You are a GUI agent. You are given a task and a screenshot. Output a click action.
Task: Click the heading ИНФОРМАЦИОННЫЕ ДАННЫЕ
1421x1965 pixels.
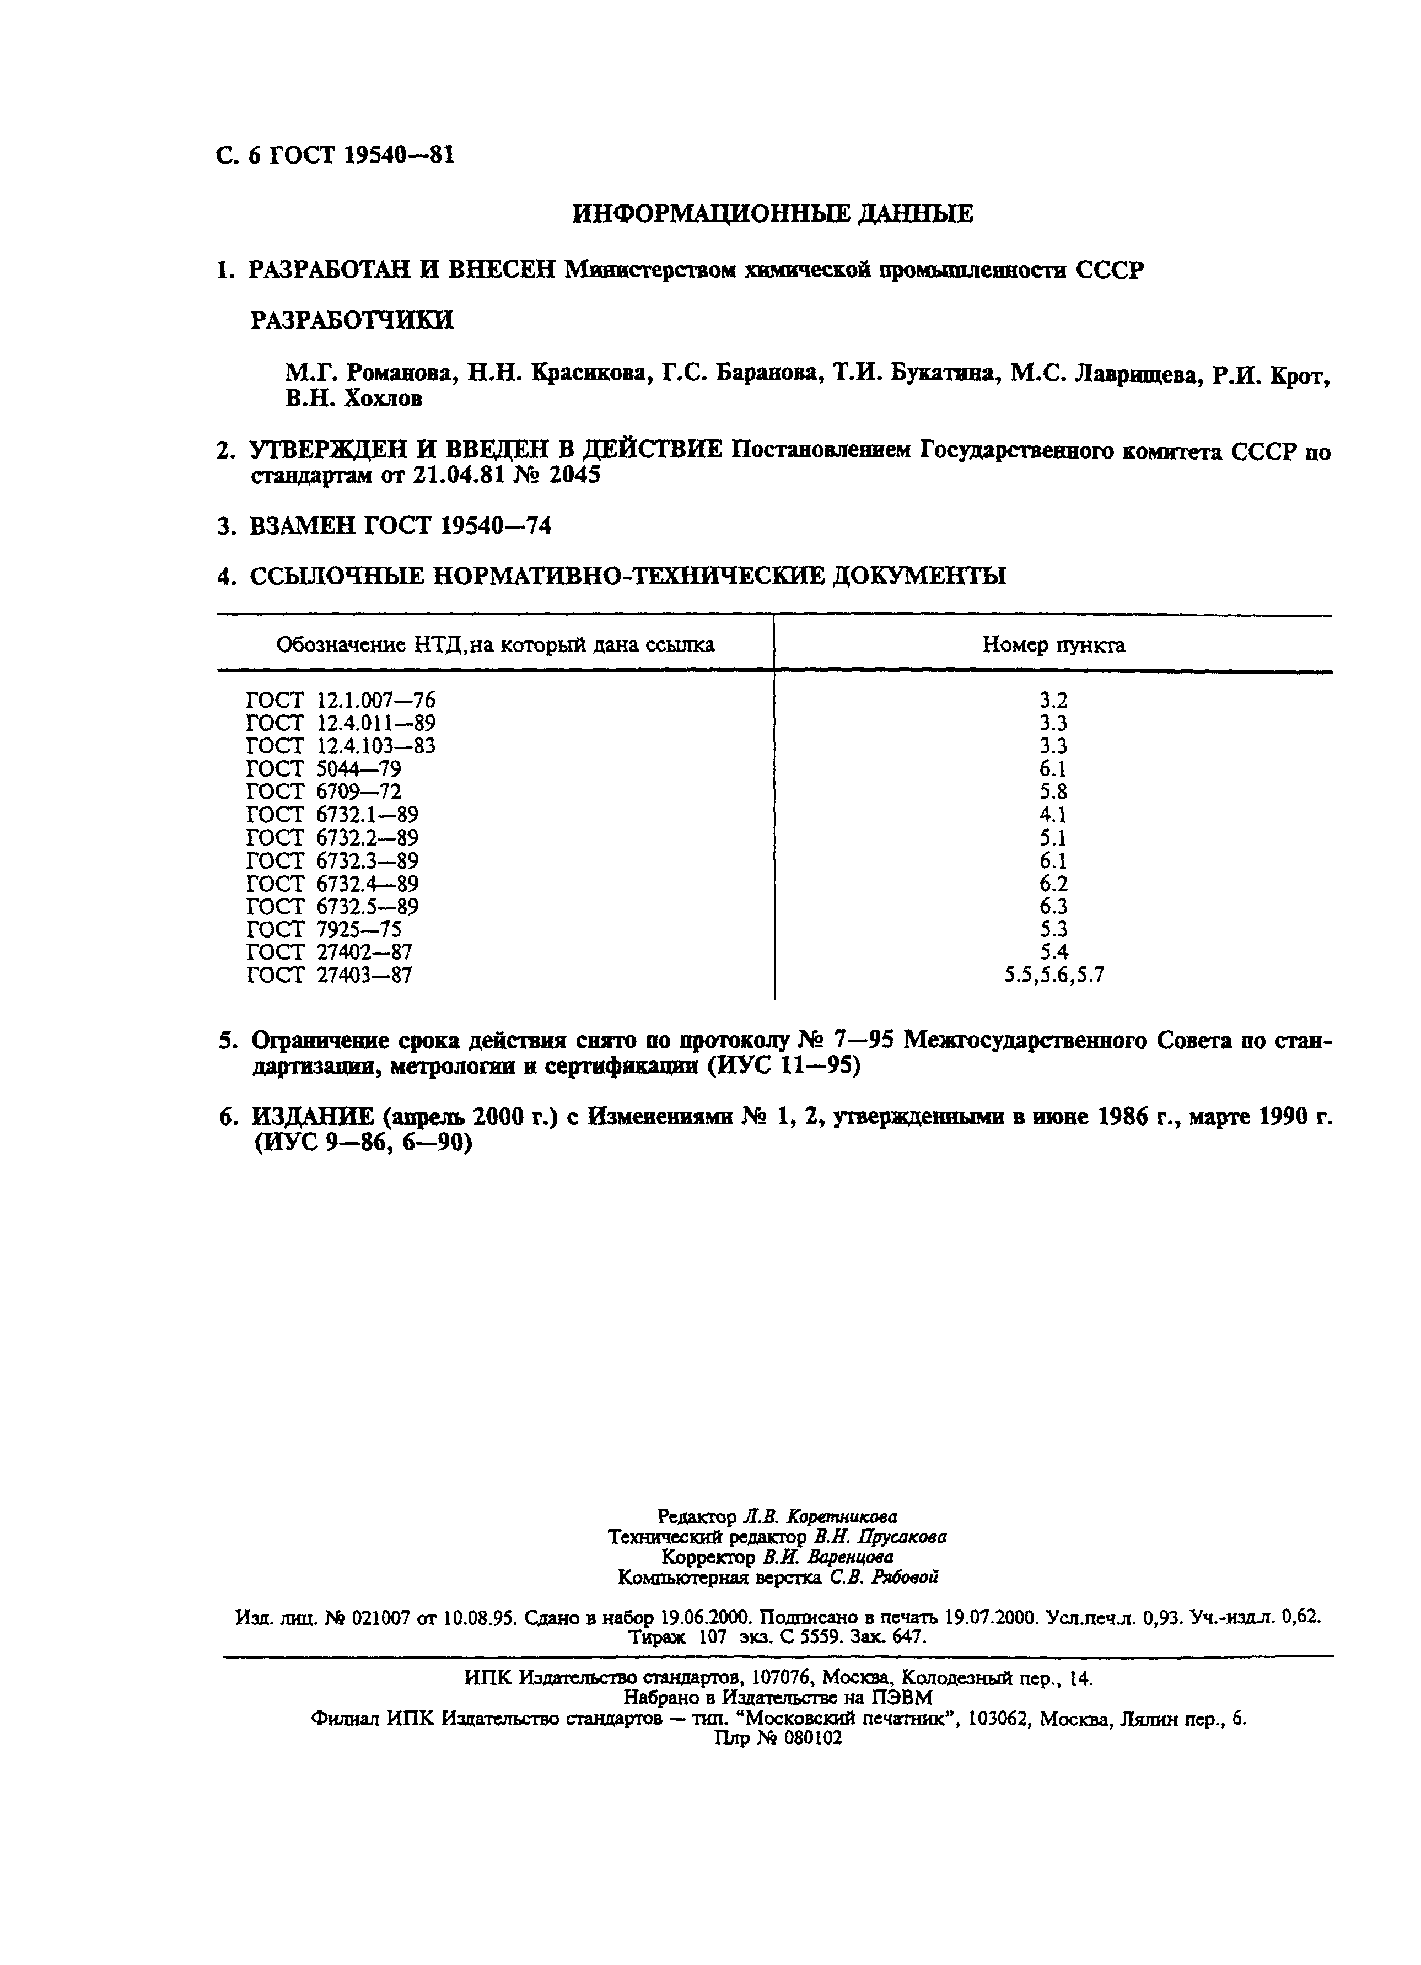coord(772,214)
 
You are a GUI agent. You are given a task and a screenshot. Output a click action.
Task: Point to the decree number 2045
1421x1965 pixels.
coord(574,476)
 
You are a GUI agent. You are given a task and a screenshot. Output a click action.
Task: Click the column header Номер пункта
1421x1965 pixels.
coord(1053,644)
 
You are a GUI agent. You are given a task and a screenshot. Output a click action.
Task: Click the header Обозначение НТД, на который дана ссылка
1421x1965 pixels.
coord(495,644)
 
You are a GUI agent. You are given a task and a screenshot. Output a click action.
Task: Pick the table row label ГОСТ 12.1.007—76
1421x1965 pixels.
coord(341,700)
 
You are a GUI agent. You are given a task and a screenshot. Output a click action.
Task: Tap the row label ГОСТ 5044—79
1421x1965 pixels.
coord(323,768)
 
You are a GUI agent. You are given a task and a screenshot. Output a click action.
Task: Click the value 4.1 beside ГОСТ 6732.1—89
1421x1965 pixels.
coord(1053,815)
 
